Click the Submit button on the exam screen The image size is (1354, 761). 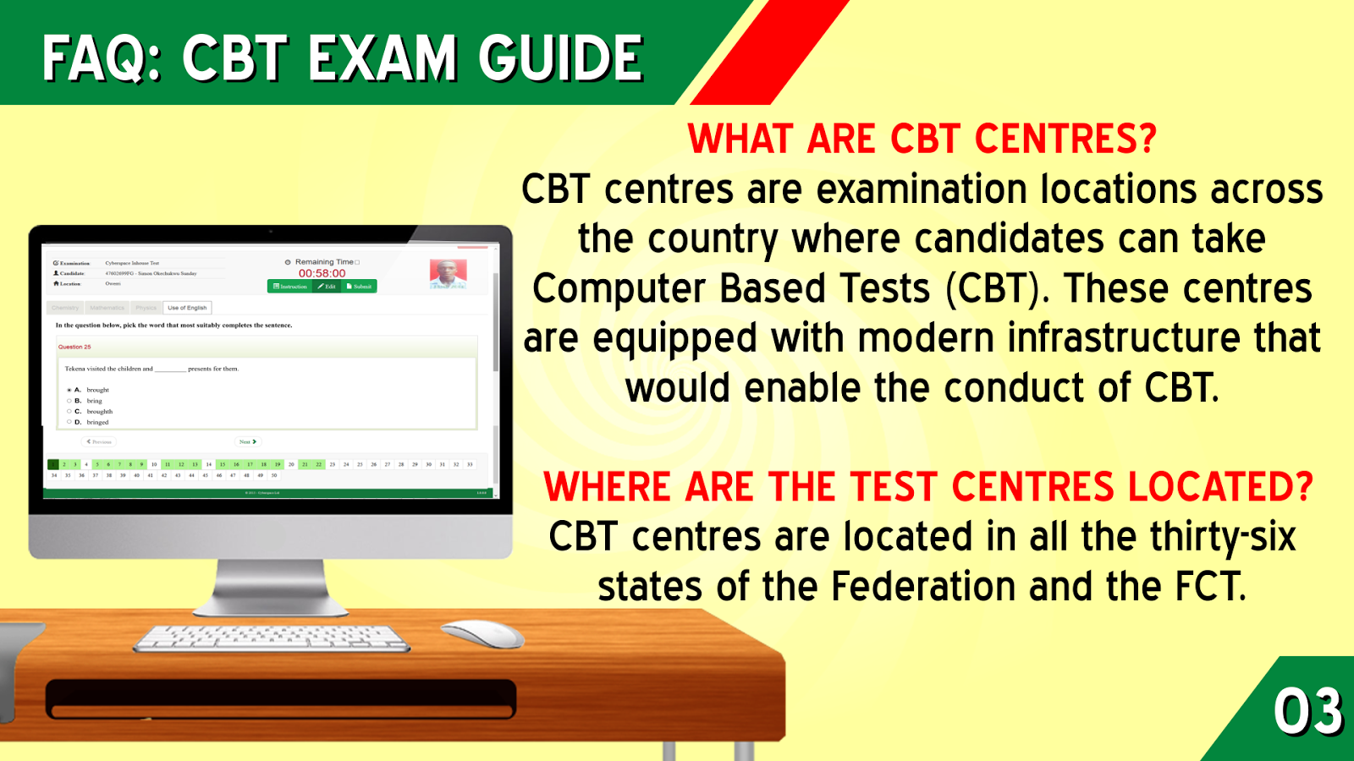pos(360,287)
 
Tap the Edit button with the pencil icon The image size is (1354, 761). pos(327,287)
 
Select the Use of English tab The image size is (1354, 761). pos(187,308)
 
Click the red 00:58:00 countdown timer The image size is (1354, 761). pos(322,273)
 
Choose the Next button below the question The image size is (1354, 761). pos(247,441)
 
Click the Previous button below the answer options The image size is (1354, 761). pos(99,441)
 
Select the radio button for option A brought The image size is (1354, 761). pos(69,390)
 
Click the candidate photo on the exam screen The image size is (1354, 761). pos(448,273)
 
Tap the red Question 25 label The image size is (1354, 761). pos(74,347)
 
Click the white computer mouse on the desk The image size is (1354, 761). pos(482,633)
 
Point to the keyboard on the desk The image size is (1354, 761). pos(271,638)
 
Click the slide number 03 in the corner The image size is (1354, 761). pos(1307,711)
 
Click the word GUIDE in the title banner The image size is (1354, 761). pos(560,58)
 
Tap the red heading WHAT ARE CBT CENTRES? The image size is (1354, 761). pos(922,140)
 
